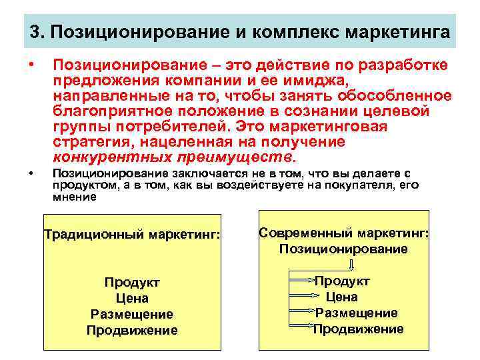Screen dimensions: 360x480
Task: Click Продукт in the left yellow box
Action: pyautogui.click(x=132, y=282)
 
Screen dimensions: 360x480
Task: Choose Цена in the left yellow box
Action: pyautogui.click(x=132, y=298)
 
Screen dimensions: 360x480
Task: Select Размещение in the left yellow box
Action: pyautogui.click(x=132, y=314)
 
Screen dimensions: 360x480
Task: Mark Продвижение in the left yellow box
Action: pyautogui.click(x=132, y=330)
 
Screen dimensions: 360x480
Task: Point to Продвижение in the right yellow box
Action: pyautogui.click(x=358, y=329)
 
